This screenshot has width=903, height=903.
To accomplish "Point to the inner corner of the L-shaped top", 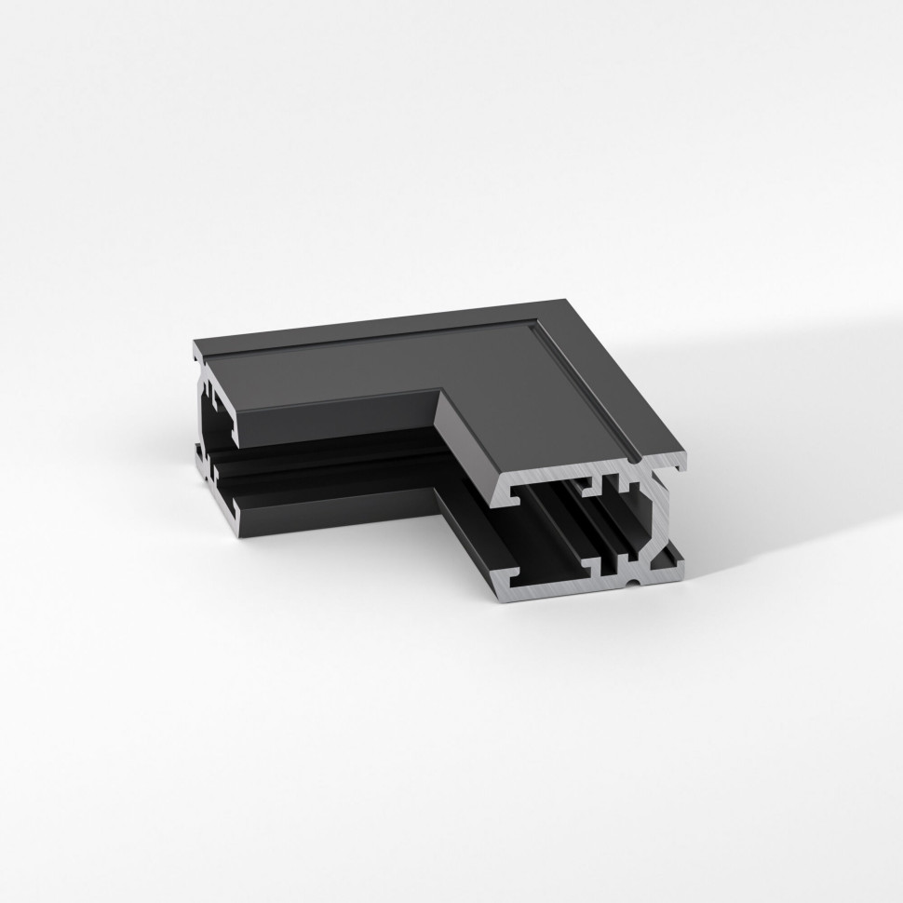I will [x=438, y=392].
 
